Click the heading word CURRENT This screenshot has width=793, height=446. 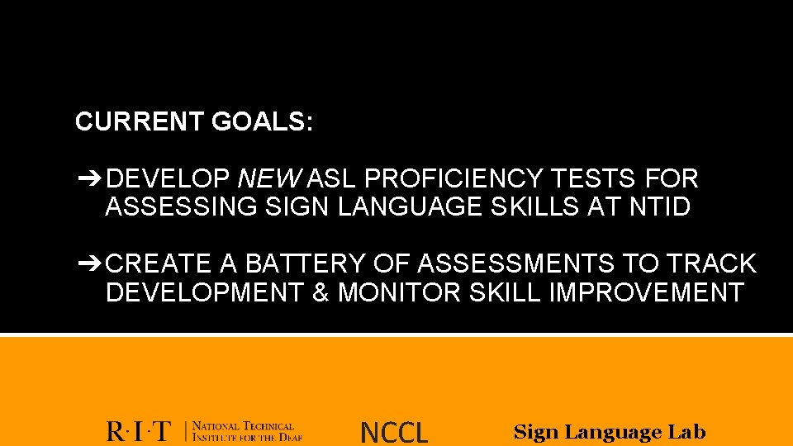tap(139, 122)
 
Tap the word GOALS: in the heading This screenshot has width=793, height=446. tap(262, 122)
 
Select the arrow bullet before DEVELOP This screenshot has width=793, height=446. tap(88, 178)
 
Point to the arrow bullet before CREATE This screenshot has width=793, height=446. tap(88, 263)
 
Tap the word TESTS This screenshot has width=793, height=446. tap(596, 178)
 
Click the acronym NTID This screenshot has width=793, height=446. tap(659, 206)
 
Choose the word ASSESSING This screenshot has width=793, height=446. tap(182, 206)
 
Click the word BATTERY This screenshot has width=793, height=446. tap(306, 263)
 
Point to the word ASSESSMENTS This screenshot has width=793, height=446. tap(515, 263)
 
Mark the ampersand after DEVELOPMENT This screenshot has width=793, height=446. tap(321, 292)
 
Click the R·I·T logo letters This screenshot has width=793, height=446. tap(139, 431)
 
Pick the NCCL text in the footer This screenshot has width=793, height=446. tap(394, 432)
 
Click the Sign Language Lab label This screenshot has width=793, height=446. tap(610, 431)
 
